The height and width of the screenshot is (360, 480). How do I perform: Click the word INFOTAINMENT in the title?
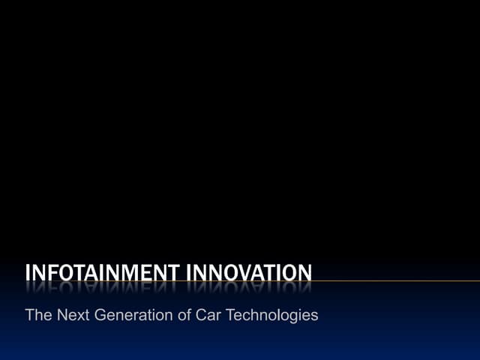coord(98,271)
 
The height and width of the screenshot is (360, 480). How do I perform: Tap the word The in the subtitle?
coord(38,315)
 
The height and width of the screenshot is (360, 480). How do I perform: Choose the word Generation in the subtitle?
coord(135,315)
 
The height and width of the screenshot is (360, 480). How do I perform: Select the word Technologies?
coord(271,315)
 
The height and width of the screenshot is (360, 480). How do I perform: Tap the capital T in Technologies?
coord(229,315)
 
